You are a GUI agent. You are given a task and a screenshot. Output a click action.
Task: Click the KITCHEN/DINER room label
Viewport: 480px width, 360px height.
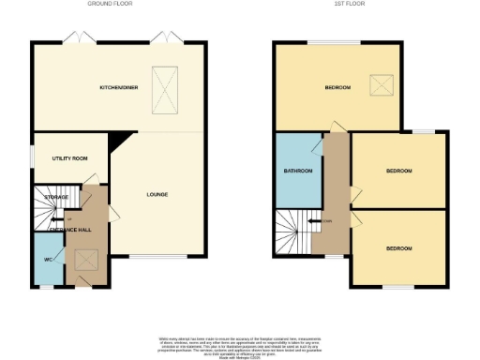119,87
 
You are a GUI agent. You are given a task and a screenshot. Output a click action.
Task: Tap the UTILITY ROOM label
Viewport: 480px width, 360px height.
69,158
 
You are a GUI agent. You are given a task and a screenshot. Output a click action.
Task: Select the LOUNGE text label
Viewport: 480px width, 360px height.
157,195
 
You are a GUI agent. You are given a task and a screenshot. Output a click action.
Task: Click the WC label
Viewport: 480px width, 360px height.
47,259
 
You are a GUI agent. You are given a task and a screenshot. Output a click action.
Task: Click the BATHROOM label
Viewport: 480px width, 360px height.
298,172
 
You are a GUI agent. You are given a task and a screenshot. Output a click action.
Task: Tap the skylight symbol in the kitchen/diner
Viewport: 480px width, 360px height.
167,89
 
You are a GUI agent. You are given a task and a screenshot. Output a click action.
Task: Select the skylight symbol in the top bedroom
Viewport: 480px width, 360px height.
382,85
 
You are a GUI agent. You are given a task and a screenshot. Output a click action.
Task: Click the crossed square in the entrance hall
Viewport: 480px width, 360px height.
87,260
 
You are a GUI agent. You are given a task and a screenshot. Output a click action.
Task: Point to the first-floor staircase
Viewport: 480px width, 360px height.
292,230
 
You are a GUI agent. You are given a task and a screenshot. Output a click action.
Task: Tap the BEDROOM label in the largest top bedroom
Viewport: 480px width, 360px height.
337,87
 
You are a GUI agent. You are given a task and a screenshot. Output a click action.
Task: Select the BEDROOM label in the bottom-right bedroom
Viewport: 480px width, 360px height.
399,247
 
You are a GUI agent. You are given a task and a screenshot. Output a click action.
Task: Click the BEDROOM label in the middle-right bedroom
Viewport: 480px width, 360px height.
399,172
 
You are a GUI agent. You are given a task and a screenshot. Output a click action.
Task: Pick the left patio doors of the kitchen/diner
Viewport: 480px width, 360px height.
74,37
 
